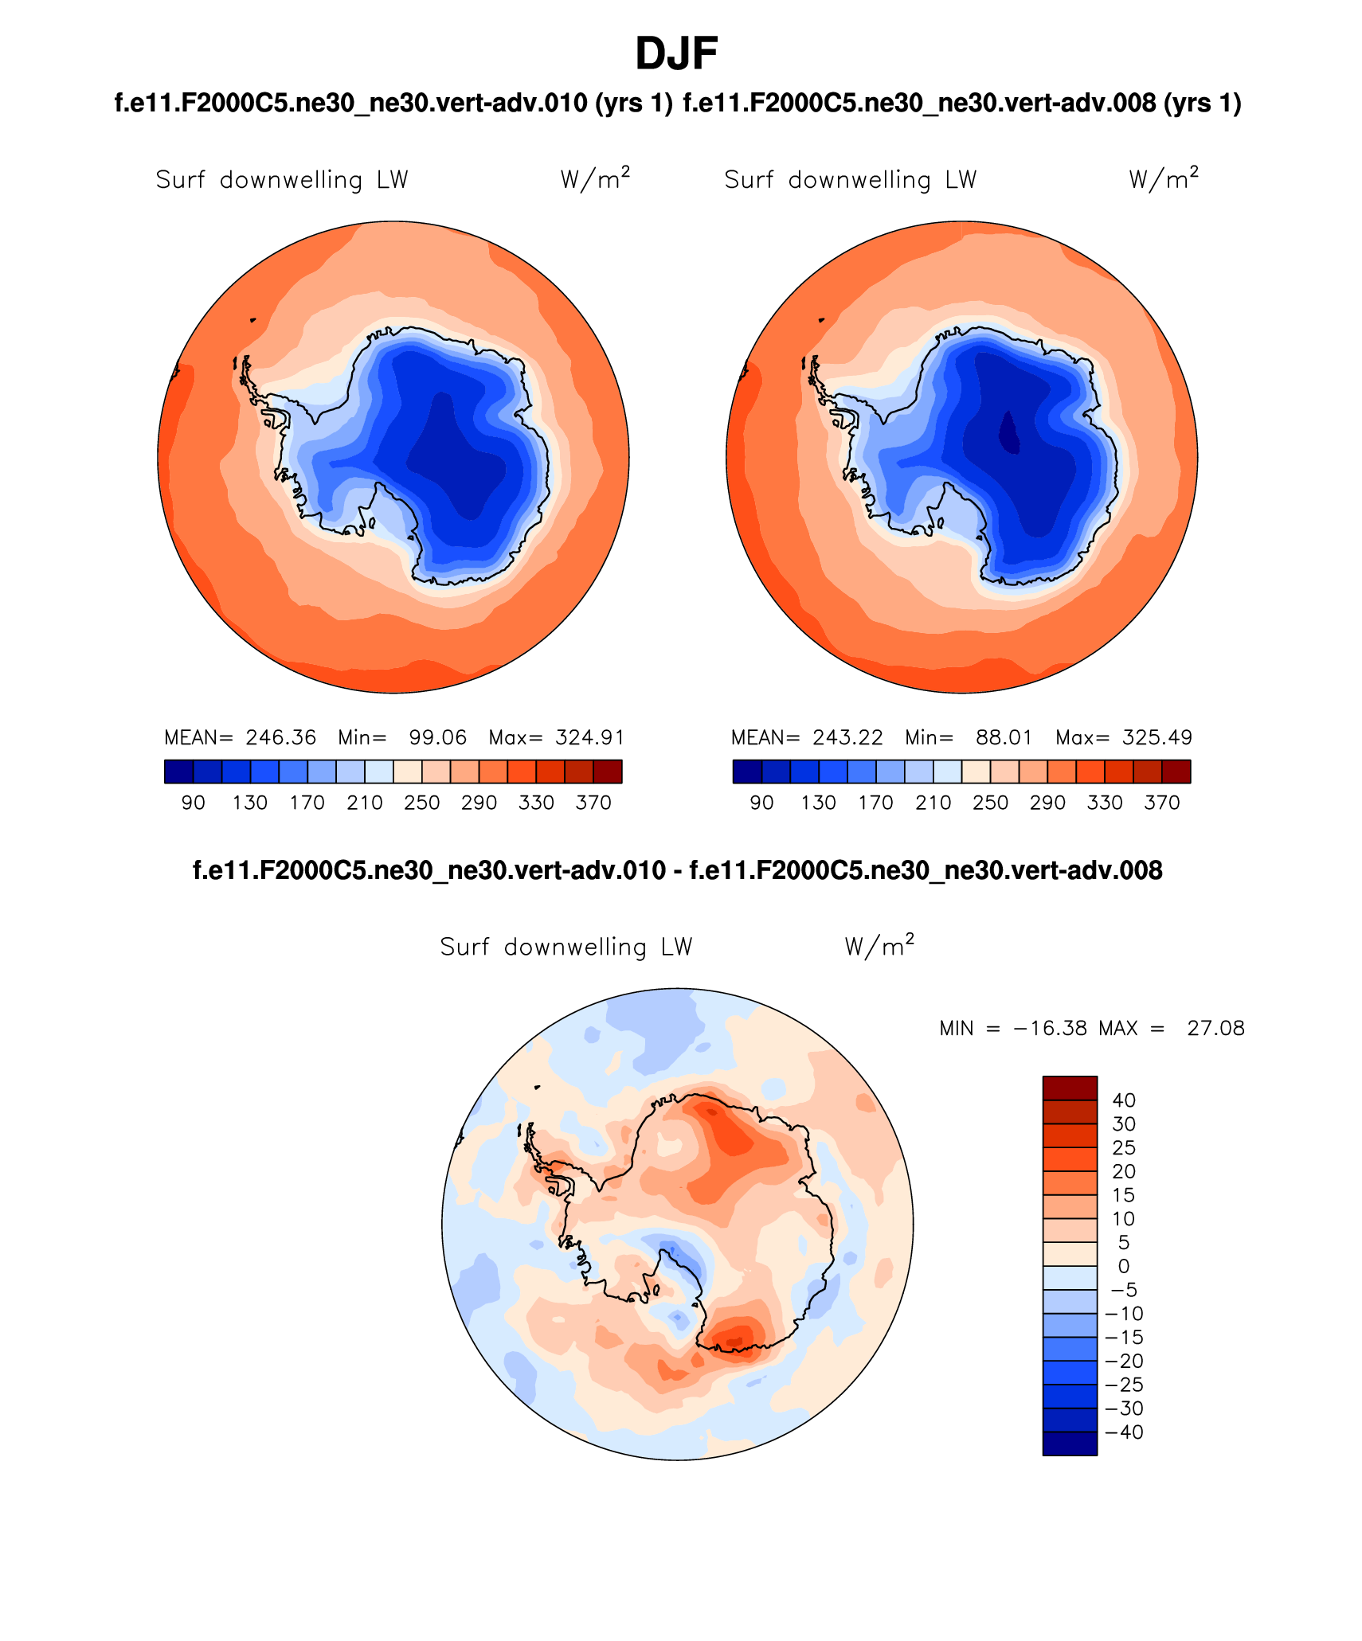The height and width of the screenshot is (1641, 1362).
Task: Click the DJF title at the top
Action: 676,54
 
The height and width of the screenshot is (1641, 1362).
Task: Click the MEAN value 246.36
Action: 280,737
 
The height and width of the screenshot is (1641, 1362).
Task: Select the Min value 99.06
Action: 437,737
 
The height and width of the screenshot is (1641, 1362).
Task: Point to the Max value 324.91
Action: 589,737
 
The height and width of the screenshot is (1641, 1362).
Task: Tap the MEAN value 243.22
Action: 847,737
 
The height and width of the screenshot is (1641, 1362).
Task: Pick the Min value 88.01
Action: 1004,737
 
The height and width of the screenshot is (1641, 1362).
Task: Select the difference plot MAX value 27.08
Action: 1215,1028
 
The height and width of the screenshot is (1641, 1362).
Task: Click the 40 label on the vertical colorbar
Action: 1124,1100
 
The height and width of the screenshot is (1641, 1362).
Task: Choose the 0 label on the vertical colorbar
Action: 1124,1266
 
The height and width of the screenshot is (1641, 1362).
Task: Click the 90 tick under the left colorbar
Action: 194,803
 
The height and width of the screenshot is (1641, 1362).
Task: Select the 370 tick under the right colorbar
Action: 1161,803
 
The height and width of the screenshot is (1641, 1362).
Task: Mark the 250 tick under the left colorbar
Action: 421,803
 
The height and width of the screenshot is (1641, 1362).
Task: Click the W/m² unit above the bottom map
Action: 879,946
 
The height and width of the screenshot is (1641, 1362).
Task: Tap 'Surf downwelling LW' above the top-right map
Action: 850,180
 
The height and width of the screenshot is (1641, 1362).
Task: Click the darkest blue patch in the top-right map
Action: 1009,432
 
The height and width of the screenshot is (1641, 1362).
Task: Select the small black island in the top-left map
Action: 253,320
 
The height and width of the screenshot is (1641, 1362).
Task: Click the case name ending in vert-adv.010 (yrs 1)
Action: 393,104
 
